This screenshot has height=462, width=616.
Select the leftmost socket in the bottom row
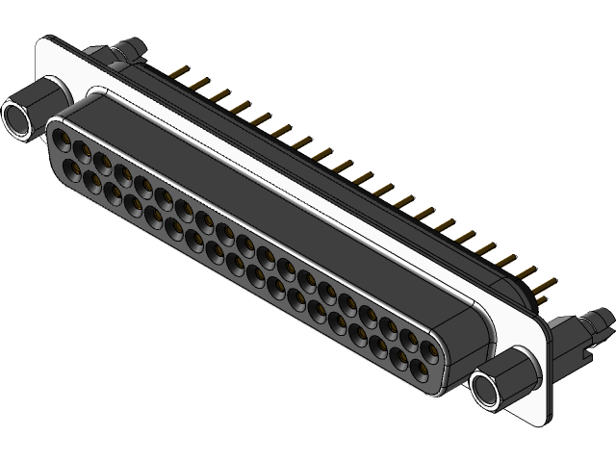[70, 167]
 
